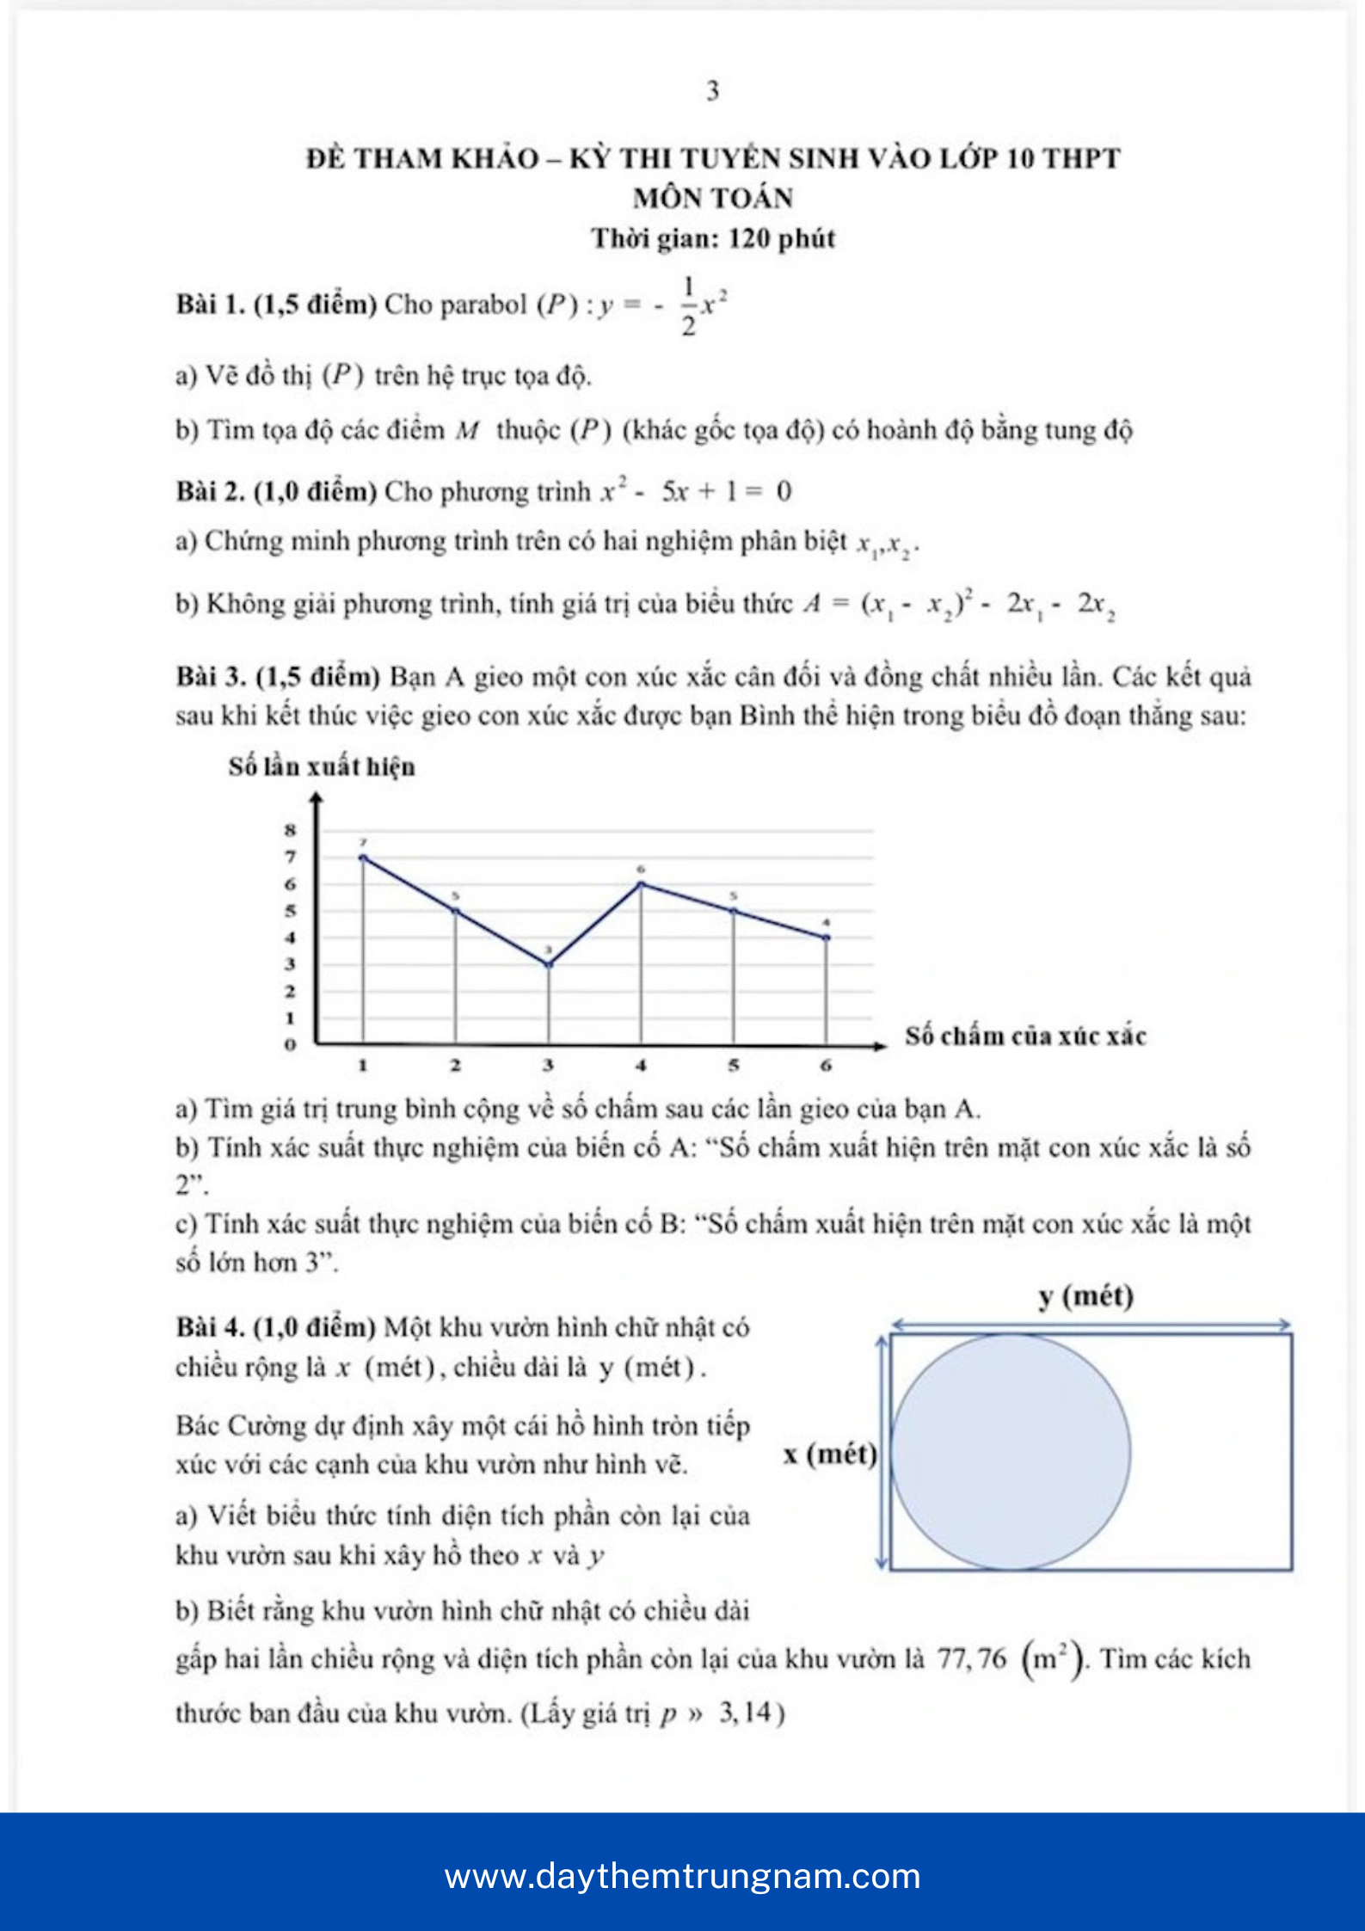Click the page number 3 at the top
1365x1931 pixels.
pos(712,90)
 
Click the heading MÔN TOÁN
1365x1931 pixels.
pos(713,198)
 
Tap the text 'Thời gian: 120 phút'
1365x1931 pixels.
pos(713,238)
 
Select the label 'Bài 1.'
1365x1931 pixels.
pos(211,304)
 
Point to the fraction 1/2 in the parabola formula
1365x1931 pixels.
pos(688,305)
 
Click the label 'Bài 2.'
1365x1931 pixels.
pos(211,491)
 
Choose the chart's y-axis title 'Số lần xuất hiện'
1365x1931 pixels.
pos(322,766)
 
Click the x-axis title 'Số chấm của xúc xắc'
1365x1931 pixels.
pos(1025,1036)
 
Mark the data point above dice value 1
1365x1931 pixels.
pos(363,858)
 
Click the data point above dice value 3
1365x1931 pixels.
pos(549,964)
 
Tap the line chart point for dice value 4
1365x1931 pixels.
pos(641,884)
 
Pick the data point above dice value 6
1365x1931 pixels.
pos(827,938)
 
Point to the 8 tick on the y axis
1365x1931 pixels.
pos(291,831)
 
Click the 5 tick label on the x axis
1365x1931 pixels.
pos(734,1065)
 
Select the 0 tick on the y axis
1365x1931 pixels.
pos(291,1045)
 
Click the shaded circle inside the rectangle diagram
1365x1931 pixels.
pos(1011,1453)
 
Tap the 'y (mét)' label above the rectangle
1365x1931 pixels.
pos(1085,1295)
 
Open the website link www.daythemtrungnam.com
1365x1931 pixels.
pos(682,1876)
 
